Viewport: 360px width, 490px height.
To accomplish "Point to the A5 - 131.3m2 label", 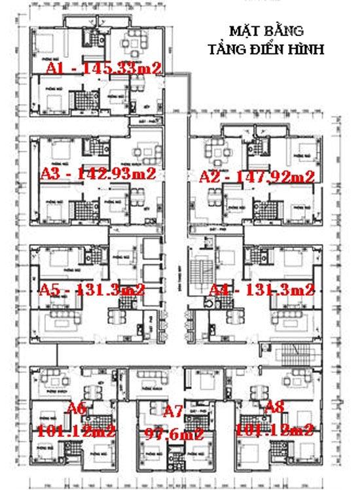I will point(92,290).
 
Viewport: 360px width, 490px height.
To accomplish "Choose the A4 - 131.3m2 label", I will point(262,290).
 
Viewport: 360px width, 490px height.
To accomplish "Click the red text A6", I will point(77,409).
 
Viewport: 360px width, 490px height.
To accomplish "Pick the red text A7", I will point(173,411).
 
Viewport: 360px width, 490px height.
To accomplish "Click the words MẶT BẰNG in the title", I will point(265,31).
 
